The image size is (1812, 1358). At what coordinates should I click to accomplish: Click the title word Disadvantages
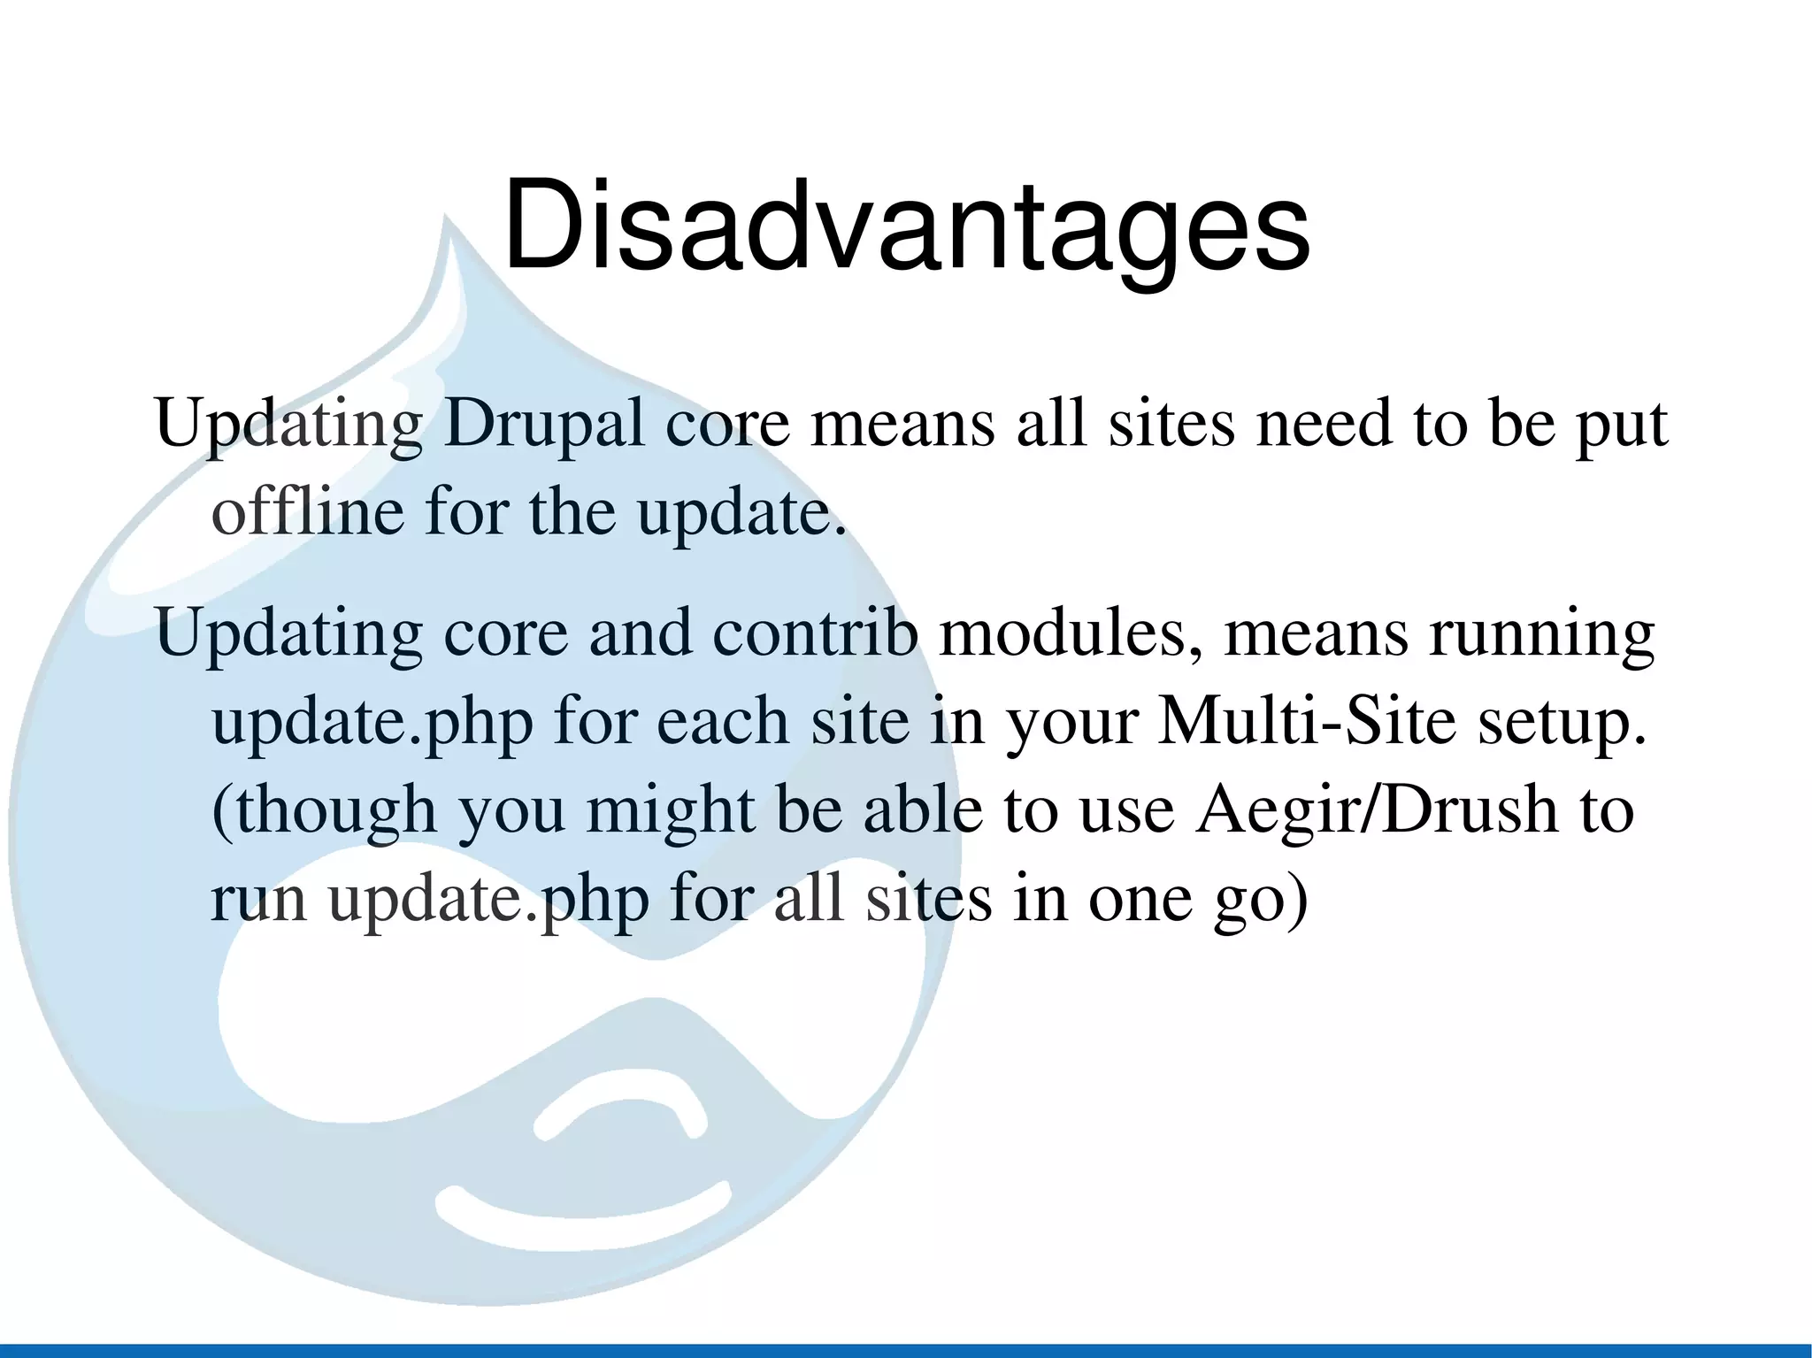(906, 226)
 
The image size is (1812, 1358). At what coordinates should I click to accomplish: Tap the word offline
(308, 512)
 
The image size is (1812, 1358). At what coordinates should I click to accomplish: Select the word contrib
(815, 633)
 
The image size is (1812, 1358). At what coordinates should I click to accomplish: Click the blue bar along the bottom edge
(906, 1350)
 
